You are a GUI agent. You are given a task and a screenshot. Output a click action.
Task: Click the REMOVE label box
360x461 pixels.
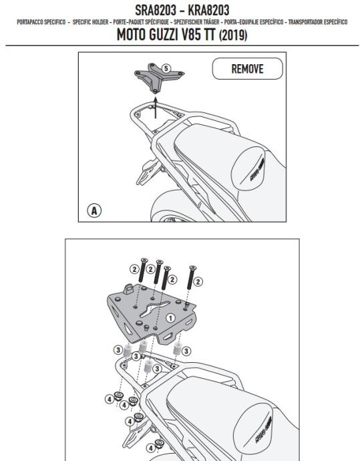point(247,69)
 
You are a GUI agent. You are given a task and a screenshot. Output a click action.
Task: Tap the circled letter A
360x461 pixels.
point(94,210)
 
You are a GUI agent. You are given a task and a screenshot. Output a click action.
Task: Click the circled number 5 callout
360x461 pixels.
point(166,69)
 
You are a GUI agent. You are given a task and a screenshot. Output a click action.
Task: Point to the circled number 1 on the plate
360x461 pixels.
point(170,318)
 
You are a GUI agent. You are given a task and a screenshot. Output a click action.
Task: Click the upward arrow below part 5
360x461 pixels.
point(156,108)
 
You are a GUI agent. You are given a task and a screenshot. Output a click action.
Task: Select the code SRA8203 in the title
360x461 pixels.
point(155,10)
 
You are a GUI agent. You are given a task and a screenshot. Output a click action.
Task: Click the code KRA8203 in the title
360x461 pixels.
point(208,10)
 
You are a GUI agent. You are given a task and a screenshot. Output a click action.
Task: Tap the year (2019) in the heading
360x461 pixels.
point(233,35)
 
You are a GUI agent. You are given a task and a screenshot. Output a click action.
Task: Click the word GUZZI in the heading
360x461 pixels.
point(163,35)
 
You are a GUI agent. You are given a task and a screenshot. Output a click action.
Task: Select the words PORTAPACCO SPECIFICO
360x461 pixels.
point(41,22)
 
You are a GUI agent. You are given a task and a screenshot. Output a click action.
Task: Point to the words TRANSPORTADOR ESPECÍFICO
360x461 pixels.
point(318,22)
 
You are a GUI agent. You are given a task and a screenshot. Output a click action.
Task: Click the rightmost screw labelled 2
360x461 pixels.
point(191,277)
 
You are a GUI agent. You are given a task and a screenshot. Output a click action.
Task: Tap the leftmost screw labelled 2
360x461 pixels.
point(143,271)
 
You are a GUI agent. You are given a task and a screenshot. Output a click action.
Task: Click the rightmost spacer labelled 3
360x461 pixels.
point(177,348)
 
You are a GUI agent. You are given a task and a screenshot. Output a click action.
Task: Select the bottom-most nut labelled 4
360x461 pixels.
point(159,444)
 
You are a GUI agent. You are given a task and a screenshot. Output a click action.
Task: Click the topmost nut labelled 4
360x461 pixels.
point(118,396)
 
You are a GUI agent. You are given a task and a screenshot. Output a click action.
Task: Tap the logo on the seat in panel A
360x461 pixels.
point(257,170)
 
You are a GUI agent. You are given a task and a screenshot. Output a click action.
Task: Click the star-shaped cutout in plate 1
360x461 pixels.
point(154,309)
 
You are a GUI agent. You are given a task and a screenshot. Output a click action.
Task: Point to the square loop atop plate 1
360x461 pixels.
point(129,289)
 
